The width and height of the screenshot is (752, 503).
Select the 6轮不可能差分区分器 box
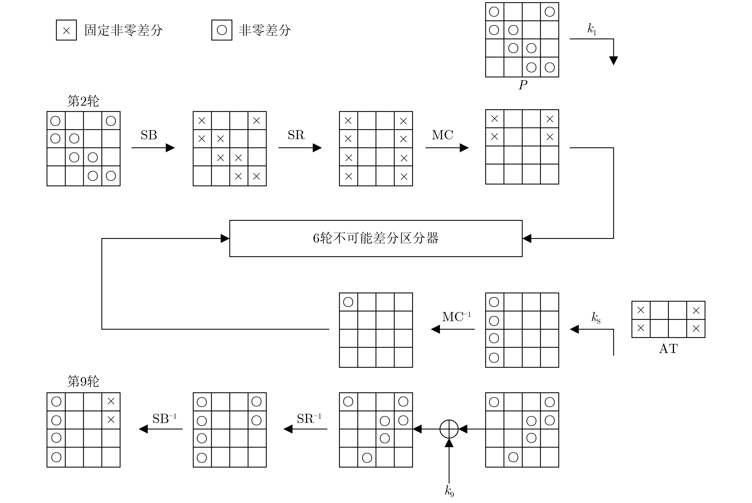click(376, 238)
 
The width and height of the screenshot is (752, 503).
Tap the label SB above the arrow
click(149, 135)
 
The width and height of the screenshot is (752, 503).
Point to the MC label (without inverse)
click(442, 135)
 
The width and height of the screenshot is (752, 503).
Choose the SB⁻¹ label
click(164, 418)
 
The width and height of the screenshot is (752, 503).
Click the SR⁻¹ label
click(309, 418)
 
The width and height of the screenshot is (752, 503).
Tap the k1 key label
click(592, 29)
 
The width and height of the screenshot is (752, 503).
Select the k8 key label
click(595, 317)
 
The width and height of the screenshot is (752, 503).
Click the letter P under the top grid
click(523, 85)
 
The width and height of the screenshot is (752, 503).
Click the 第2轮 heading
click(83, 101)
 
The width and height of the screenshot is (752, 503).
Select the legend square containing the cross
click(66, 30)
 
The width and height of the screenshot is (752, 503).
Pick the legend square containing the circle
click(222, 30)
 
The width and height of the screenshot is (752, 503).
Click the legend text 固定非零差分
click(124, 30)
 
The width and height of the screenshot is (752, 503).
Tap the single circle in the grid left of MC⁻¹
click(348, 302)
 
